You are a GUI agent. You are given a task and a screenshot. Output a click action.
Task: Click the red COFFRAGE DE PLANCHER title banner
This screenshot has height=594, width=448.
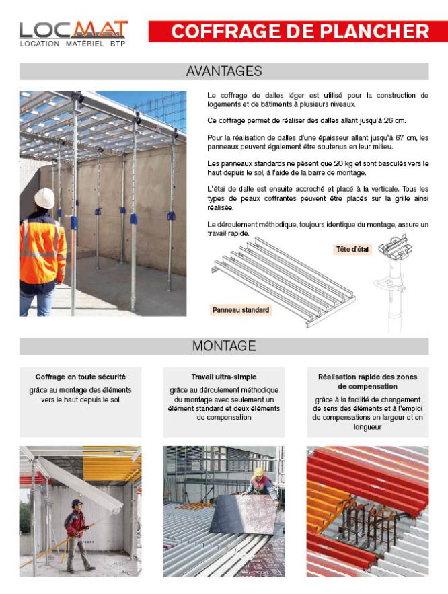(x=299, y=31)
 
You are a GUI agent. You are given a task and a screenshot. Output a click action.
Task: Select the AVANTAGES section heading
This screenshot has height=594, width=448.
(x=224, y=71)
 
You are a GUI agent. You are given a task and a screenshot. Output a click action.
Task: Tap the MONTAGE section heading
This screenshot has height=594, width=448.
(x=224, y=346)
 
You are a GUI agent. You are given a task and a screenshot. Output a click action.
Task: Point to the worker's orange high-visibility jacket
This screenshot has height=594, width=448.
(x=42, y=249)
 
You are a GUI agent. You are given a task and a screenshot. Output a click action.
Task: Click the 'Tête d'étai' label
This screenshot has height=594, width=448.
(x=352, y=249)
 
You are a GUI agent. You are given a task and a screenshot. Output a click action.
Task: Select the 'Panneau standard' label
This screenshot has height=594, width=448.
(x=241, y=310)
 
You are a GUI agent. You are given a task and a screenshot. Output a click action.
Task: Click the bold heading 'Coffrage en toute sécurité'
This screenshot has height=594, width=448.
(x=81, y=377)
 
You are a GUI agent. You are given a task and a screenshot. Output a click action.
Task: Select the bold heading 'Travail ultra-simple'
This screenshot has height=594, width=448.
(x=224, y=377)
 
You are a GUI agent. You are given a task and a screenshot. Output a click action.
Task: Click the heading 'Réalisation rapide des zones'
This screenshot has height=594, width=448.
(x=367, y=377)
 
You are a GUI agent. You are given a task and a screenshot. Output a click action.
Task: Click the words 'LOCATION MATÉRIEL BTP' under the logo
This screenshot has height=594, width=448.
(x=73, y=44)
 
